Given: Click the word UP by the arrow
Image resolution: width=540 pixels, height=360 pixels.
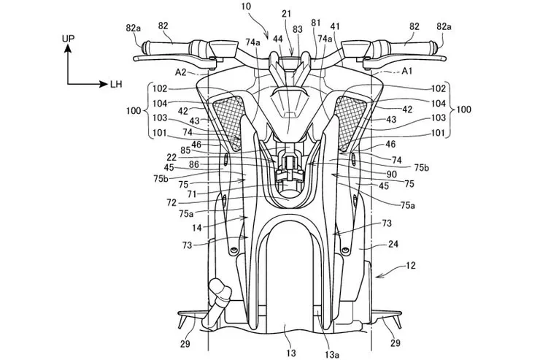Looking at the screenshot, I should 68,36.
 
